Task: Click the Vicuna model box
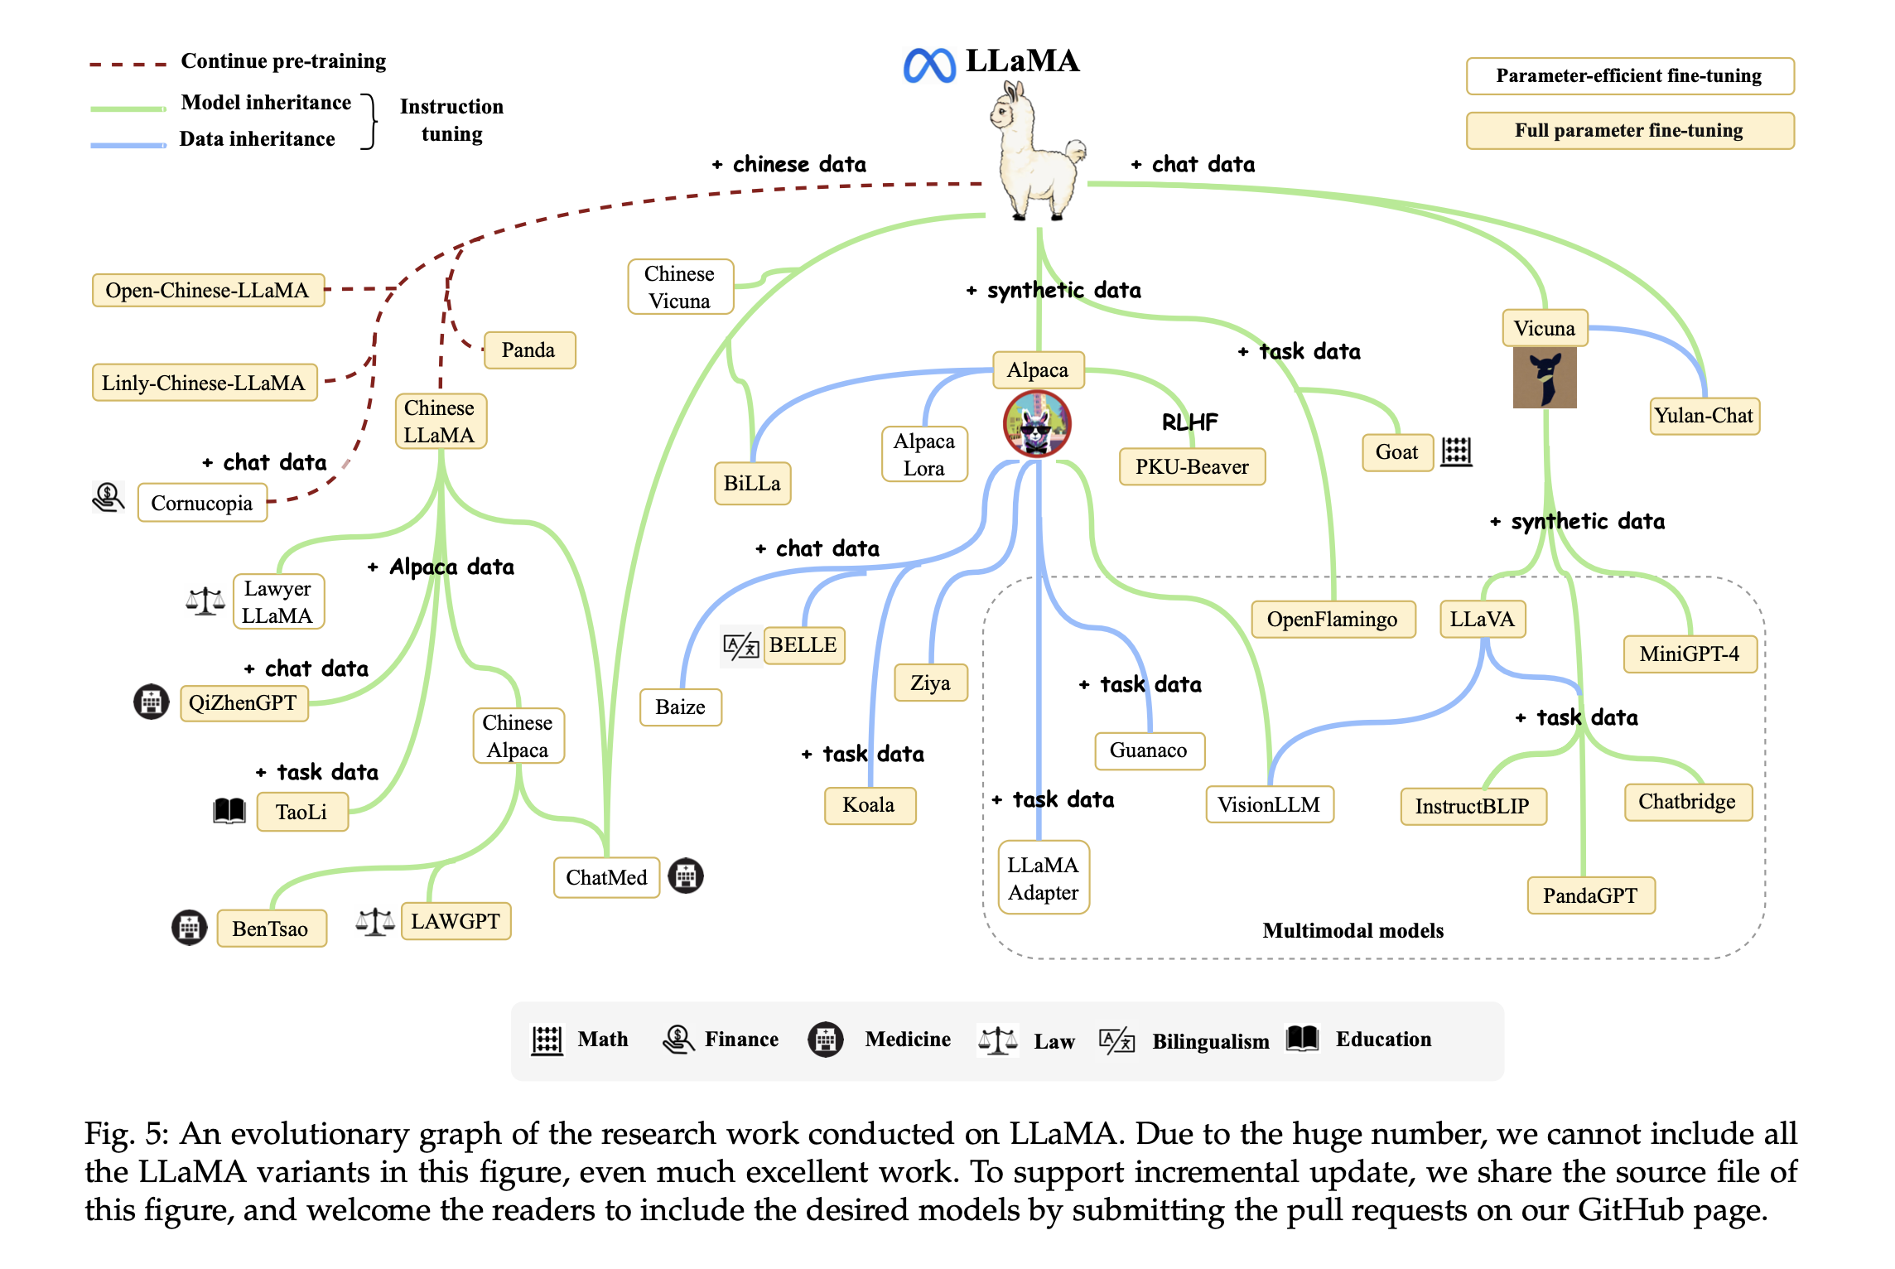click(x=1545, y=328)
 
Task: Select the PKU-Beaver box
click(x=1192, y=466)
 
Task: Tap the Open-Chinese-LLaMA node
click(x=208, y=290)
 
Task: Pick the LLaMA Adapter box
click(x=1044, y=878)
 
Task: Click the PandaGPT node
click(x=1590, y=895)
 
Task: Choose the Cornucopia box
click(x=202, y=503)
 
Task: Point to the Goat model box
click(x=1397, y=452)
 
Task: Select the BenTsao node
click(x=271, y=929)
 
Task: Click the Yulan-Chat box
click(x=1704, y=416)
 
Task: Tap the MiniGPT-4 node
click(x=1690, y=654)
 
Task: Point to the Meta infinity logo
click(x=929, y=65)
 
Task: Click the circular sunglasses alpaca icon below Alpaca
click(x=1037, y=424)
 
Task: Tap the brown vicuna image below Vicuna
click(x=1545, y=378)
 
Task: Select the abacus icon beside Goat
click(x=1456, y=452)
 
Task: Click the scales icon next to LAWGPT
click(x=375, y=921)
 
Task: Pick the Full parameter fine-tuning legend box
click(x=1630, y=131)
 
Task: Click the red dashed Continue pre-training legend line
click(x=128, y=64)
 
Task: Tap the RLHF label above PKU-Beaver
click(x=1190, y=422)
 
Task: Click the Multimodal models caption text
click(x=1353, y=930)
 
